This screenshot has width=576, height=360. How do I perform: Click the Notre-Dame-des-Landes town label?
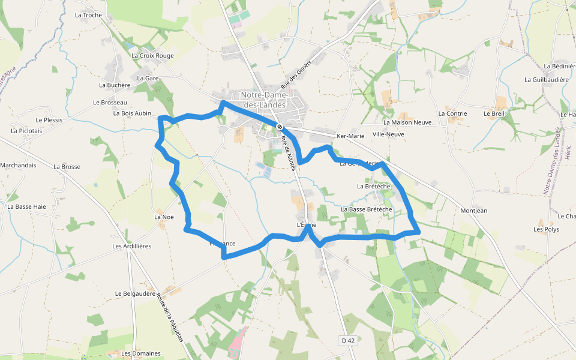[x=265, y=100]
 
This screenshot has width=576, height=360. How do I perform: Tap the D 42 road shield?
[x=348, y=341]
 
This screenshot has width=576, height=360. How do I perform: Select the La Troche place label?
[x=88, y=15]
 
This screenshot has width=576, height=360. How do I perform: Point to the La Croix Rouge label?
[x=152, y=56]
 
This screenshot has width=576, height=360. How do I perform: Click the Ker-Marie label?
[x=350, y=136]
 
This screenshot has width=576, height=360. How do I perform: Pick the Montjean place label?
[x=473, y=211]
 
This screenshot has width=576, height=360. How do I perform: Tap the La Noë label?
[x=164, y=217]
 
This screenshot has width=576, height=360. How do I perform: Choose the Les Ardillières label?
[x=131, y=246]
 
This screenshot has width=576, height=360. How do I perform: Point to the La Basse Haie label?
[x=26, y=206]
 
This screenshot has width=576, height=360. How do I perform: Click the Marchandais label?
[x=18, y=165]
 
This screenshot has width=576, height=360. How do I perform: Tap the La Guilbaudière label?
[x=546, y=79]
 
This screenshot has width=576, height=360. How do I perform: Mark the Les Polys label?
[x=546, y=229]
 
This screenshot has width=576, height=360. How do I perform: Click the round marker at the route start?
[x=280, y=126]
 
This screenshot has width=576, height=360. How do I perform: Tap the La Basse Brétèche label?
[x=367, y=209]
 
